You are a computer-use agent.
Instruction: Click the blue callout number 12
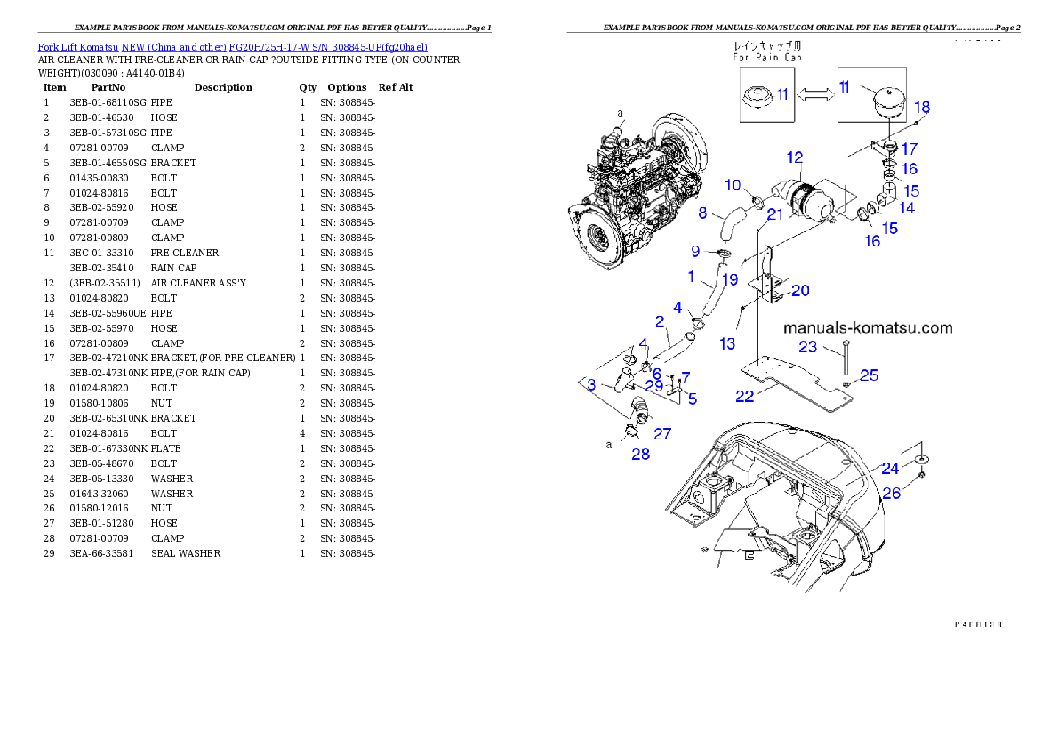[794, 157]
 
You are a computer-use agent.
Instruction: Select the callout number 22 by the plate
[746, 395]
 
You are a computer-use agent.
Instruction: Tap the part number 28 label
[640, 454]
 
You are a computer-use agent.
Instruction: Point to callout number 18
[922, 107]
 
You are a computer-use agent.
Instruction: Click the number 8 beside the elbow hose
[702, 213]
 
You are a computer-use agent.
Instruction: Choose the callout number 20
[800, 290]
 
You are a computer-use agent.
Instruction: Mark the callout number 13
[727, 343]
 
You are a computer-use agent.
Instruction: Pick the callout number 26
[892, 492]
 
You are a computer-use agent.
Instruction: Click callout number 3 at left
[590, 384]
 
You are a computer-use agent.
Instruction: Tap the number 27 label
[662, 434]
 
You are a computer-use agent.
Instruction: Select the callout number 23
[807, 347]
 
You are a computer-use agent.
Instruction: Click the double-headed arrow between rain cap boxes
[814, 93]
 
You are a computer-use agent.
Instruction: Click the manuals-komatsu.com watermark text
[868, 327]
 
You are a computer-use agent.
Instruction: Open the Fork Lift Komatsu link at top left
[232, 46]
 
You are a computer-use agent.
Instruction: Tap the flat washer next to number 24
[922, 457]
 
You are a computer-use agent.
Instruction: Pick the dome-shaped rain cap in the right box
[881, 96]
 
